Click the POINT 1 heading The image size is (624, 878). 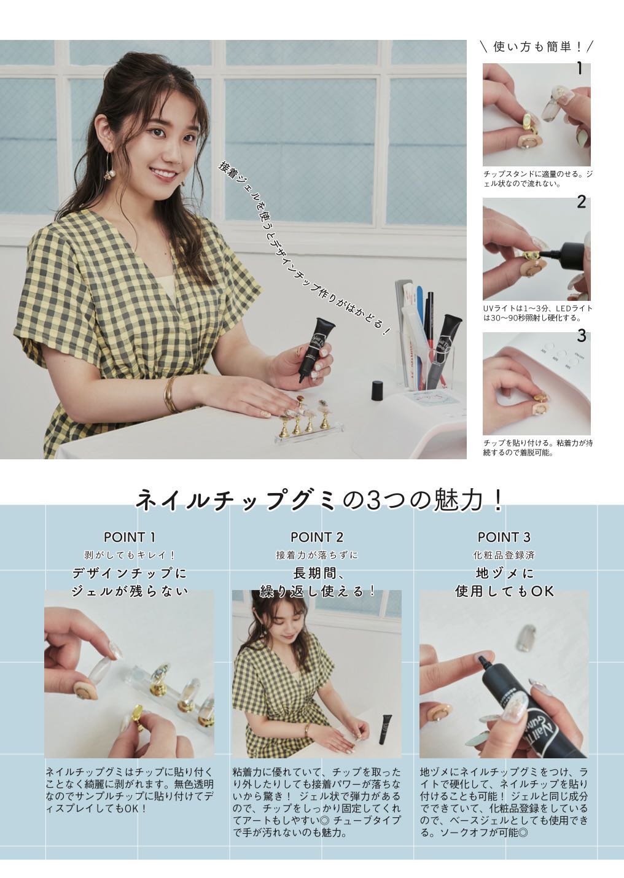130,537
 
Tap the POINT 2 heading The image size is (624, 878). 316,537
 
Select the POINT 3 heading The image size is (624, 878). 504,537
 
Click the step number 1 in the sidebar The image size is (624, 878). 580,69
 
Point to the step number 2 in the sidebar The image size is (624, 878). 581,202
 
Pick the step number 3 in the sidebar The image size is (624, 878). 582,336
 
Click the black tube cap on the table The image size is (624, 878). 377,390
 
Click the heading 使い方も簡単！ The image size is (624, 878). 537,47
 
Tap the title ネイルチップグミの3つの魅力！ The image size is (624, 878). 319,500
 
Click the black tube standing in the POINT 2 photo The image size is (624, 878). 386,729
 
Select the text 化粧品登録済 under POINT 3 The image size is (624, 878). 504,555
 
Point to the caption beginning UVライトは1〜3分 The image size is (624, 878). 537,313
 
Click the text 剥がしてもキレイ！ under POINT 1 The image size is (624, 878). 130,555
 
